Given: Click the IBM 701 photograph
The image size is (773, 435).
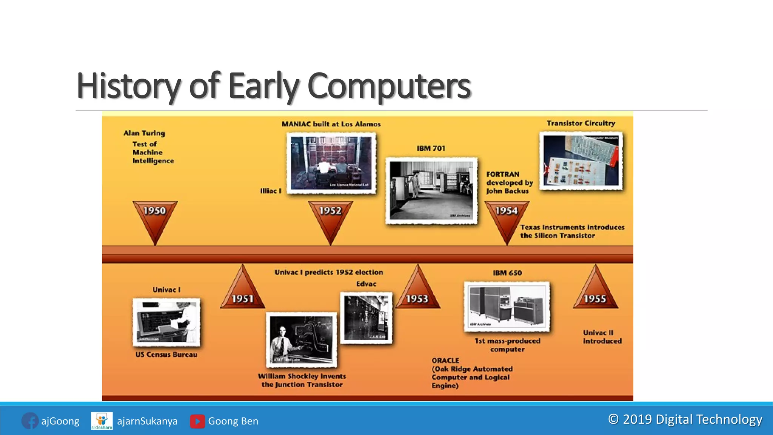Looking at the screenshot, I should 431,191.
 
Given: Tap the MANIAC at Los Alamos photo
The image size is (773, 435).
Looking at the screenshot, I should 331,163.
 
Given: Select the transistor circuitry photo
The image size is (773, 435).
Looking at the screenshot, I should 581,160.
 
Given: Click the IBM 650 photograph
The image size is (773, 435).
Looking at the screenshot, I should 507,306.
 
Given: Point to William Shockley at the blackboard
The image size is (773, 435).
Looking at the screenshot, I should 301,339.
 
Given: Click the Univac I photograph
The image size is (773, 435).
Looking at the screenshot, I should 166,322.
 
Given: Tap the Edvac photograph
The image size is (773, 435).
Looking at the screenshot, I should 366,318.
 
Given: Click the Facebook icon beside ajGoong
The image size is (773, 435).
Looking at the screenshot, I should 30,421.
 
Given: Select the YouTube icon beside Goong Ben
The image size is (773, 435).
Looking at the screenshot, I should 197,421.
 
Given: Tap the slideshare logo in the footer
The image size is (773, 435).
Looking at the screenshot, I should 102,421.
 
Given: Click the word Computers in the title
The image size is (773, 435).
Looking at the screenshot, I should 389,86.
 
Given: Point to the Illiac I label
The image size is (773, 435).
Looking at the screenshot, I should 271,191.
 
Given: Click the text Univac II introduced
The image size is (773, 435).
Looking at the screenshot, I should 602,337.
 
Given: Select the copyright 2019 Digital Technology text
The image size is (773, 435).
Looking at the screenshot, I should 685,419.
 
